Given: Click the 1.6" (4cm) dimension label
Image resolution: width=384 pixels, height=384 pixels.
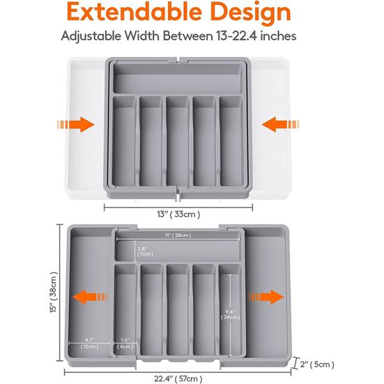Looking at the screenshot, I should pyautogui.click(x=124, y=343).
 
